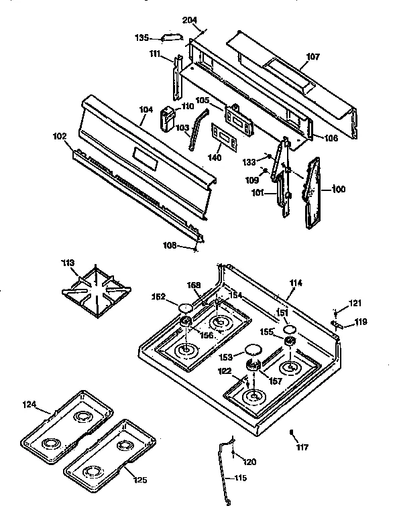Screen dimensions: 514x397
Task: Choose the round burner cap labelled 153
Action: click(x=253, y=350)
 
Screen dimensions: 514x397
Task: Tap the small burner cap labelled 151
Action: click(x=289, y=330)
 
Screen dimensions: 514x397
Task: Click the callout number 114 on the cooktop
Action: click(x=295, y=283)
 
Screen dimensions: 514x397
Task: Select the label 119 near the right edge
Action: click(x=361, y=322)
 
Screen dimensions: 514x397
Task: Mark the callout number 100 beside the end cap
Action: click(x=339, y=190)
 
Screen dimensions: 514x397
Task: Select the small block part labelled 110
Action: click(x=167, y=120)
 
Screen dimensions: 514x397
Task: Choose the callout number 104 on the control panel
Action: click(x=146, y=109)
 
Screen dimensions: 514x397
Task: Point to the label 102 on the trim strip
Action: click(x=60, y=136)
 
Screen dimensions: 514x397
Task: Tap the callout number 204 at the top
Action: click(x=189, y=21)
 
